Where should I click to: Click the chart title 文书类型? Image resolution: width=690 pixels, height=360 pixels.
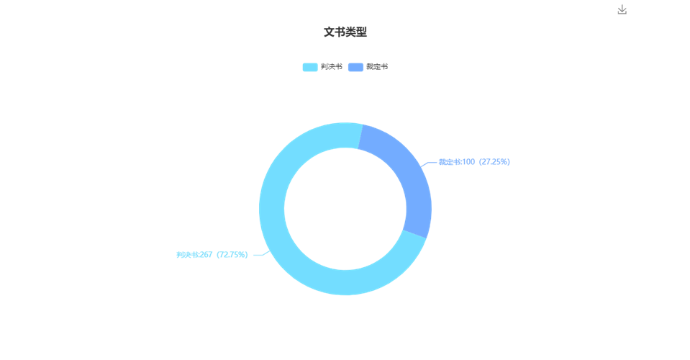345,32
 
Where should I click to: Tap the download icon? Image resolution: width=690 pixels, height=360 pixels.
622,9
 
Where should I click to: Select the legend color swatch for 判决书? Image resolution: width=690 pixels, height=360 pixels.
310,67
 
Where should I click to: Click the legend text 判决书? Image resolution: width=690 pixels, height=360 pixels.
332,67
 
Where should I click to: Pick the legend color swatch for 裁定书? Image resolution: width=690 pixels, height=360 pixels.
355,67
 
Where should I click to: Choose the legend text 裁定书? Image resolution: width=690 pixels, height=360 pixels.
377,67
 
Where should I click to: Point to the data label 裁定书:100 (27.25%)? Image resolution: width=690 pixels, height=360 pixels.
474,162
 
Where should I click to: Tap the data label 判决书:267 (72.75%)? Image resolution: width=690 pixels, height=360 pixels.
212,255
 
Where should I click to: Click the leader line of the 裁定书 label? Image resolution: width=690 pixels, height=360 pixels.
429,163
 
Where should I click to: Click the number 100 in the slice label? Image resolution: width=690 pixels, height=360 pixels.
468,162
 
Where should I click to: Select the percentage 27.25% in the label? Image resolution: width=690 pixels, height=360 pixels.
494,162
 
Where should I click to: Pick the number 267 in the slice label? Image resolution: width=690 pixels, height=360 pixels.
206,255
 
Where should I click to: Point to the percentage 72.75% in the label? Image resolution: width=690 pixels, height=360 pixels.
232,255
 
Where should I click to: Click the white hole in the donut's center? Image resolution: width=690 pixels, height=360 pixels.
345,209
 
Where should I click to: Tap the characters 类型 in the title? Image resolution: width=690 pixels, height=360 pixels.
356,32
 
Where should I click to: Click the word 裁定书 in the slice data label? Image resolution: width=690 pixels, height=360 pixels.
449,162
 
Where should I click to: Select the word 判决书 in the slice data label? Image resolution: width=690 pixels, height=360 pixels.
186,255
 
